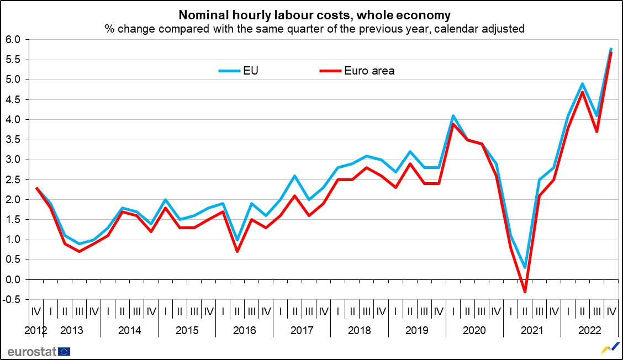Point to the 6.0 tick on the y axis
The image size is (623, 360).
tap(13, 40)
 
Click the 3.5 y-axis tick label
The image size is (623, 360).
tap(13, 140)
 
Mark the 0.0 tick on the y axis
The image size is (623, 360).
tap(13, 280)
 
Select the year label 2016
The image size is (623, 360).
tap(245, 331)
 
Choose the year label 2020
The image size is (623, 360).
tap(474, 331)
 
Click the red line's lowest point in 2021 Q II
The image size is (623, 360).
tap(525, 292)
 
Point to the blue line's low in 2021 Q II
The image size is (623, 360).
tap(525, 268)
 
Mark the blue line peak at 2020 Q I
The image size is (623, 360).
tap(453, 116)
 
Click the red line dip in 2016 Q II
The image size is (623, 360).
tap(237, 251)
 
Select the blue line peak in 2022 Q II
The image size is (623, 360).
tap(582, 84)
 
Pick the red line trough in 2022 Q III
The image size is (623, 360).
tap(596, 131)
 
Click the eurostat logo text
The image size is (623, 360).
tap(31, 351)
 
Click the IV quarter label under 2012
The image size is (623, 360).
tap(36, 311)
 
